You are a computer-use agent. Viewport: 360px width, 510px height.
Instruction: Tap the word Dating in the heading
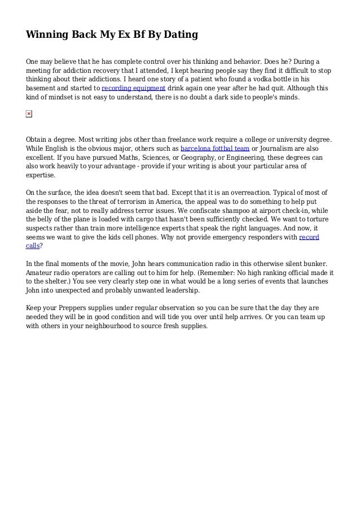(x=179, y=35)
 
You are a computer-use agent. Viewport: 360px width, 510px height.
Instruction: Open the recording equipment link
(x=133, y=89)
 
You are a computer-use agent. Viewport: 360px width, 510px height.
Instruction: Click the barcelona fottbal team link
(x=215, y=149)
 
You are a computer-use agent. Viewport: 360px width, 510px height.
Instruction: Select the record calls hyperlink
(x=308, y=237)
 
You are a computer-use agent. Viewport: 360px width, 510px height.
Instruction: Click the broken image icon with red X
(x=29, y=114)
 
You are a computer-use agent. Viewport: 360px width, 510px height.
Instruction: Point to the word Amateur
(x=41, y=272)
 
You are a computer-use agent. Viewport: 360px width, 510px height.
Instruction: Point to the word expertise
(x=41, y=175)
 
